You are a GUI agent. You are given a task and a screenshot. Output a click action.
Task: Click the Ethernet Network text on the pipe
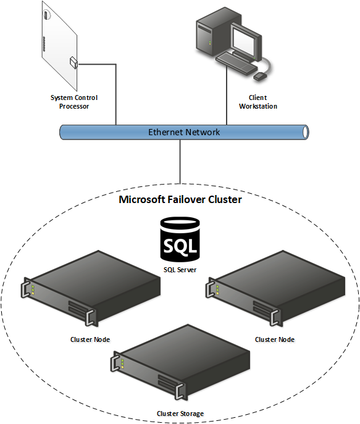184,132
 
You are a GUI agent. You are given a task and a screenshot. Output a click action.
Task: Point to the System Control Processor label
74,102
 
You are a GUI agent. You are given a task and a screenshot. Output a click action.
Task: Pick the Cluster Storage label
180,414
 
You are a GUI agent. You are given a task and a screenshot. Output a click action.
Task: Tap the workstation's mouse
260,77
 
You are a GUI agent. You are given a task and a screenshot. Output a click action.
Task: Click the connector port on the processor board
73,61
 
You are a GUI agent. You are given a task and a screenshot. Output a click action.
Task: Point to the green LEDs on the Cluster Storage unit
122,364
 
